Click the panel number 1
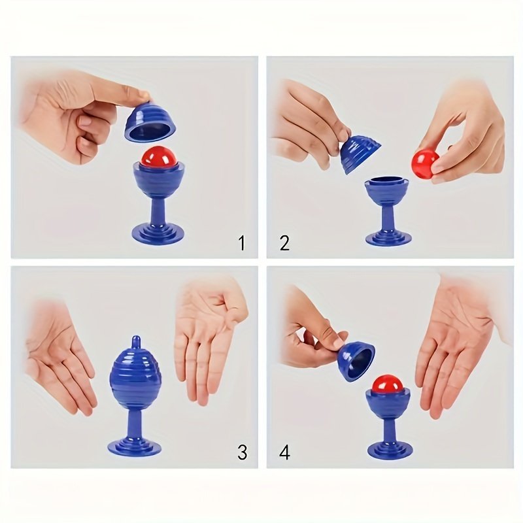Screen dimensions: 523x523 242,243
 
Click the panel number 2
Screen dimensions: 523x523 284,243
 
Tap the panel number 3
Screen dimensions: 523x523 243,452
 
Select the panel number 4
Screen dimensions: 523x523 284,452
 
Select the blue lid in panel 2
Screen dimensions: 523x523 360,154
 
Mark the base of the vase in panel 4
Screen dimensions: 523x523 389,448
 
